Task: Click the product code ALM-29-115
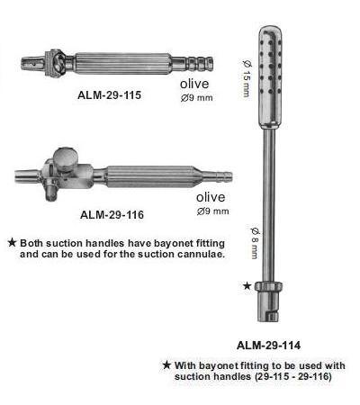click(x=109, y=95)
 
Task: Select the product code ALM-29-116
click(x=112, y=214)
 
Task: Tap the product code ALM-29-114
click(x=268, y=346)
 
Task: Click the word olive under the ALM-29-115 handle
click(x=194, y=84)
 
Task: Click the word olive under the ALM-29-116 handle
click(x=211, y=197)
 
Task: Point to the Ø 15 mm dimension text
click(x=247, y=78)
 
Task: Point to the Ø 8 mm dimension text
click(x=255, y=243)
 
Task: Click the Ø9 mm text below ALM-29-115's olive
click(x=197, y=98)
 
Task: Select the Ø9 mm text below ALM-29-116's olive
click(x=213, y=211)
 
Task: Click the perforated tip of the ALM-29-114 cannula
click(x=270, y=76)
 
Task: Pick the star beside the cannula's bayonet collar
click(x=247, y=286)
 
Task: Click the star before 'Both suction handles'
click(x=12, y=242)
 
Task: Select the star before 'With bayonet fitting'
click(x=166, y=365)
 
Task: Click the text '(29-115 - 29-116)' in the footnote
click(x=293, y=376)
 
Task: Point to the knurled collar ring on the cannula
click(x=268, y=286)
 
